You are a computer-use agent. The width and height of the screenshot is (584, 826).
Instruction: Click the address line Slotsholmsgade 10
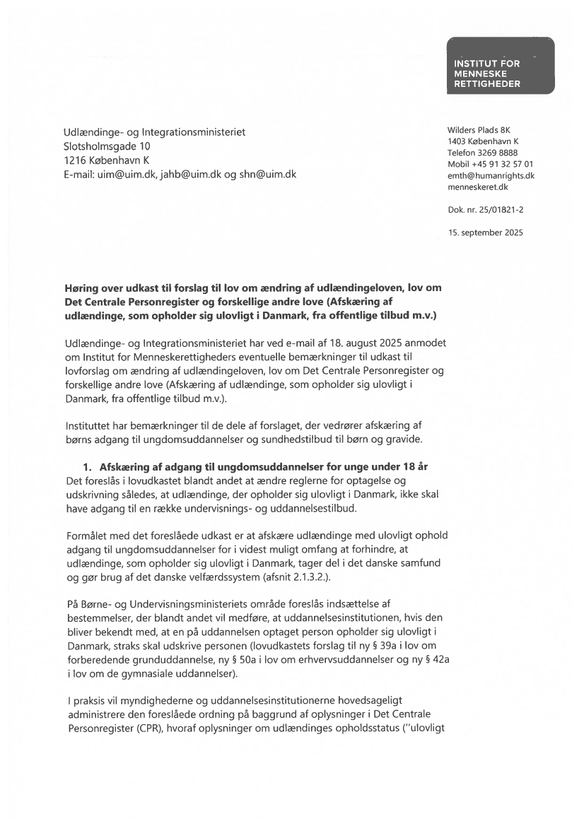pyautogui.click(x=107, y=146)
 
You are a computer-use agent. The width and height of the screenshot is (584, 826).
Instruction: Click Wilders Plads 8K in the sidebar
pyautogui.click(x=479, y=130)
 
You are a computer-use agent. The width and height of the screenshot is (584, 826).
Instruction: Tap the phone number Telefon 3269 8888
pyautogui.click(x=482, y=153)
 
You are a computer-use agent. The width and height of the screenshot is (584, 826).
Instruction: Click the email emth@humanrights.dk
pyautogui.click(x=491, y=175)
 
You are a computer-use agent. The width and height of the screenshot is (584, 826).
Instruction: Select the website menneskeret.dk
pyautogui.click(x=478, y=187)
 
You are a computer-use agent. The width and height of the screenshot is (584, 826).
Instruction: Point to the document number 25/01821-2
pyautogui.click(x=501, y=210)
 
